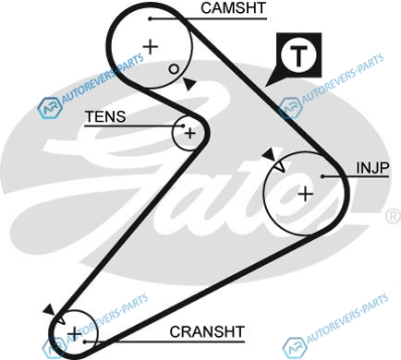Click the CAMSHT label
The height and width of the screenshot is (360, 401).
coord(233,8)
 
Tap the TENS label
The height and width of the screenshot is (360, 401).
coord(105,116)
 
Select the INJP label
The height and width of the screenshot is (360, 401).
coord(372,168)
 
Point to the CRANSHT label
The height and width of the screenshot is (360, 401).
coord(207,331)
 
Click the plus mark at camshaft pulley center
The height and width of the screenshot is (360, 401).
coord(151,47)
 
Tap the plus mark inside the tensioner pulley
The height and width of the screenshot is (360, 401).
coord(190,133)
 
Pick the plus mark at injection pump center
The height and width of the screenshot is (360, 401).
coord(306,194)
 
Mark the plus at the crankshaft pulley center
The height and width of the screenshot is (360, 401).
coord(75,333)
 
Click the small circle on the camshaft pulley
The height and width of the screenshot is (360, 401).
coord(174,69)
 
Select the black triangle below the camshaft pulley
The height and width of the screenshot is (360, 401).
coord(189,84)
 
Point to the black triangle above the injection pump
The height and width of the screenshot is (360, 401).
coord(270,154)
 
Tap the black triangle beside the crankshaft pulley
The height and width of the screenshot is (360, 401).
coord(49,309)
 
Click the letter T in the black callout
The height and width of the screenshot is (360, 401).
coord(298,57)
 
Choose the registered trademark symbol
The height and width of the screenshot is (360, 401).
coord(393,217)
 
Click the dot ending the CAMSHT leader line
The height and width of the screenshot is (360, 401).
coord(150,18)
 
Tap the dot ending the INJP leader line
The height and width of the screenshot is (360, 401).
coord(322,176)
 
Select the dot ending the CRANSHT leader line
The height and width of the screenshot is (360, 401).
coord(85,342)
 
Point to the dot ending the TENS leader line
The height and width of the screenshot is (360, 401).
coord(183,126)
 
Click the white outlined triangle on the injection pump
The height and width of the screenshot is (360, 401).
coord(280,167)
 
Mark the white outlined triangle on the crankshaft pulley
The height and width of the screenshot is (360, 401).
coord(61,319)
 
